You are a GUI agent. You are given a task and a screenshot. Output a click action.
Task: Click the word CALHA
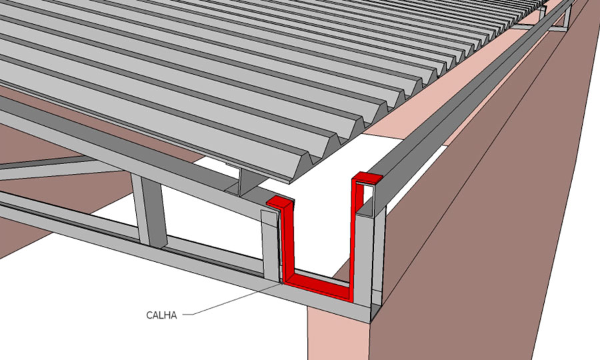coord(161,315)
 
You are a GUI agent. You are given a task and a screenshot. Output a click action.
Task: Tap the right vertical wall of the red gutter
coord(353,233)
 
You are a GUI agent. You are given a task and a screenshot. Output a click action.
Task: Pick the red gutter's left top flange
coord(279,203)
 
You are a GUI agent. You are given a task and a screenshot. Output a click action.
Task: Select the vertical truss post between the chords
coord(150,211)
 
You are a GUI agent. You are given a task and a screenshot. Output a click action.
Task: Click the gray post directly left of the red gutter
coord(271,245)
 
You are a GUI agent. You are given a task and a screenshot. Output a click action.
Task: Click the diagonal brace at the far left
coord(57,165)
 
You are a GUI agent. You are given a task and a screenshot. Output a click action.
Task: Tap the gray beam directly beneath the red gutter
coord(325,302)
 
